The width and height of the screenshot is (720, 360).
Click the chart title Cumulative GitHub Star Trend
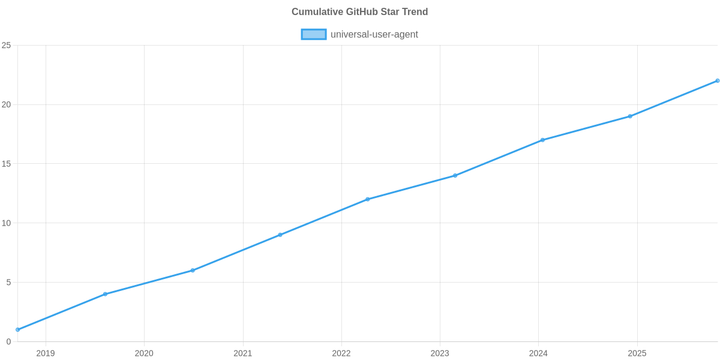coord(359,12)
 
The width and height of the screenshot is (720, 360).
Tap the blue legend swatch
coord(313,34)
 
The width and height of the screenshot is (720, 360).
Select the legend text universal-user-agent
coord(374,34)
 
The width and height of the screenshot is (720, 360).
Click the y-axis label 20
coord(7,104)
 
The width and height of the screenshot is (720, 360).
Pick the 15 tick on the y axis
coord(7,164)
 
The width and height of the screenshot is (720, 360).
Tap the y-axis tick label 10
coord(7,223)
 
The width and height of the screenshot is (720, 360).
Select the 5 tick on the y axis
coord(8,283)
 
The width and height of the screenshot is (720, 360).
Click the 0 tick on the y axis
coord(8,341)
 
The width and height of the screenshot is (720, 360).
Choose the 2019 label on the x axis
coord(46,353)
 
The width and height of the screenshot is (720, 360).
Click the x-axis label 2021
coord(242,353)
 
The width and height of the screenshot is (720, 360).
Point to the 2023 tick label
coord(440,353)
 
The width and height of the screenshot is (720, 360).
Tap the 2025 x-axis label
coord(637,353)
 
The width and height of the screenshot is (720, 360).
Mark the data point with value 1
coord(17,329)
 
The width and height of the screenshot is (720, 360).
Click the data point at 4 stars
coord(105,294)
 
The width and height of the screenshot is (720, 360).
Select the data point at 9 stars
coord(280,235)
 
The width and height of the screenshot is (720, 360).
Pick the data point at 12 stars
coord(367,199)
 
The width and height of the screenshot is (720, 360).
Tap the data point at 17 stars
coord(542,140)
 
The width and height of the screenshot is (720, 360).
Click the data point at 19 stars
coord(630,116)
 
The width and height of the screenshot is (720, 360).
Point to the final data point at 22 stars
coord(717,80)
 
